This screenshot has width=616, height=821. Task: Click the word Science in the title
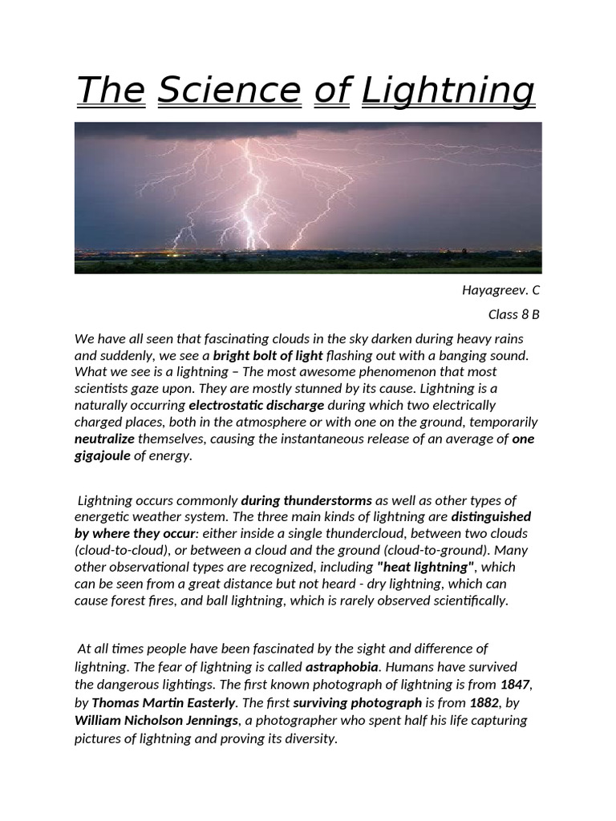pyautogui.click(x=229, y=90)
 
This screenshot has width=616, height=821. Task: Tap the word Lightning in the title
pyautogui.click(x=448, y=91)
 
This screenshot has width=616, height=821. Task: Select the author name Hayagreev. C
pyautogui.click(x=496, y=289)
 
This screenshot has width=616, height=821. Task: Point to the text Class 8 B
pyautogui.click(x=513, y=314)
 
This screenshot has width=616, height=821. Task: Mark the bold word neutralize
pyautogui.click(x=104, y=439)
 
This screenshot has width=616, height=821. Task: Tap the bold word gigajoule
pyautogui.click(x=102, y=456)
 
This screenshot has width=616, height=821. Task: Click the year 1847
pyautogui.click(x=515, y=685)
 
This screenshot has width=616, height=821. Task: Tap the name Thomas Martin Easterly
pyautogui.click(x=164, y=703)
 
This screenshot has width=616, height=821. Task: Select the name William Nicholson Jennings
pyautogui.click(x=156, y=720)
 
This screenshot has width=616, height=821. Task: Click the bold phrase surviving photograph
pyautogui.click(x=357, y=703)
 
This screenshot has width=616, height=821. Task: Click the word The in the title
pyautogui.click(x=110, y=90)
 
